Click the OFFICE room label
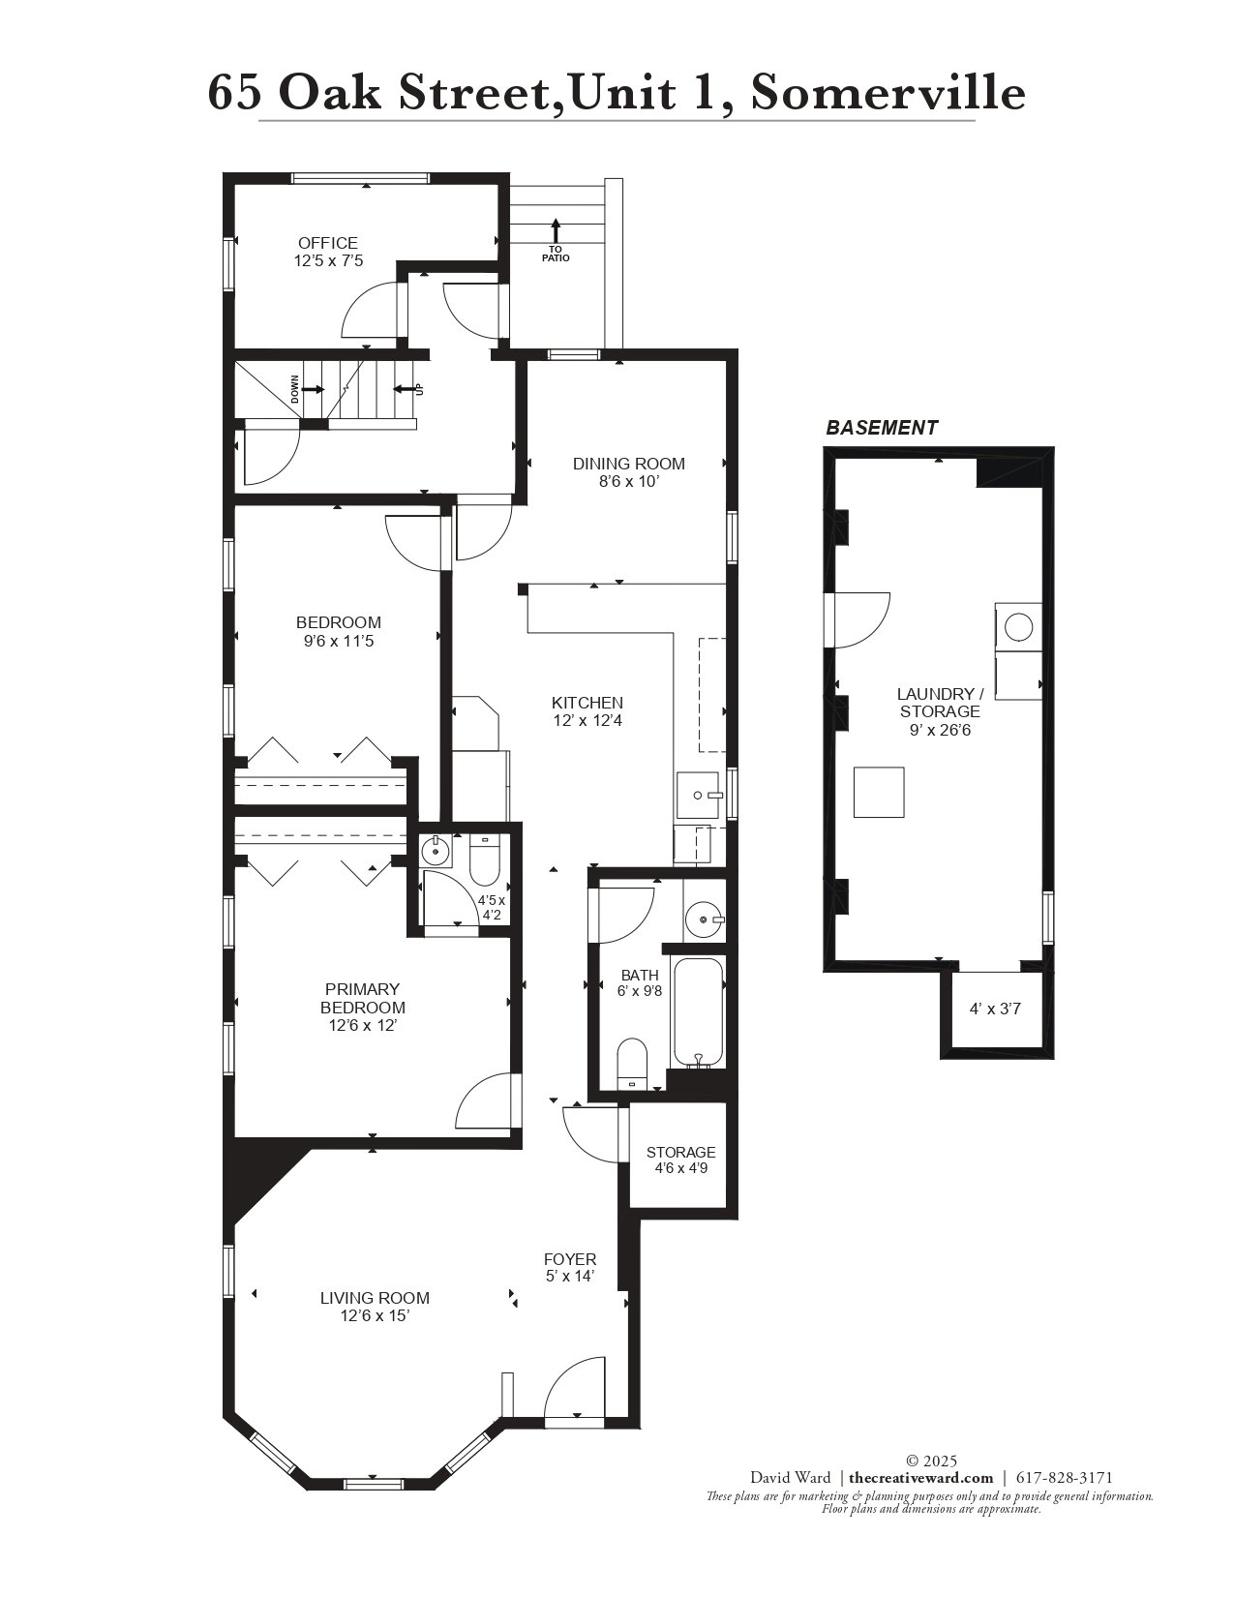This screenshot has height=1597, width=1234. (x=328, y=243)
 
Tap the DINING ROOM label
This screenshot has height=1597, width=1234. (x=628, y=464)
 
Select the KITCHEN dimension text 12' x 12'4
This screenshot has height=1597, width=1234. (x=587, y=721)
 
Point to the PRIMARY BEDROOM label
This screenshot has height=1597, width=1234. (x=362, y=998)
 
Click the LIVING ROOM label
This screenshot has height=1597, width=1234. (x=375, y=1298)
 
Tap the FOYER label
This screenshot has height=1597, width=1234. (x=570, y=1259)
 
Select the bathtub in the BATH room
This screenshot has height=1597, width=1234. (x=698, y=1012)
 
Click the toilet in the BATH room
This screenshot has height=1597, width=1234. (x=631, y=1064)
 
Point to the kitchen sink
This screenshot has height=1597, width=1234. (x=698, y=796)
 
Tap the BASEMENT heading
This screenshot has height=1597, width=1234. (x=882, y=428)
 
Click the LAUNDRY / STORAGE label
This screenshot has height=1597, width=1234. (x=940, y=703)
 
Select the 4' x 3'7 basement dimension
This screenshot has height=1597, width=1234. (x=995, y=1009)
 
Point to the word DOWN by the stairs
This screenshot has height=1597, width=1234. (x=295, y=389)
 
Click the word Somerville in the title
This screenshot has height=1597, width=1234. (x=888, y=93)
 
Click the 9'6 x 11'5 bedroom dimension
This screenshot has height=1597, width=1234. (x=339, y=641)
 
